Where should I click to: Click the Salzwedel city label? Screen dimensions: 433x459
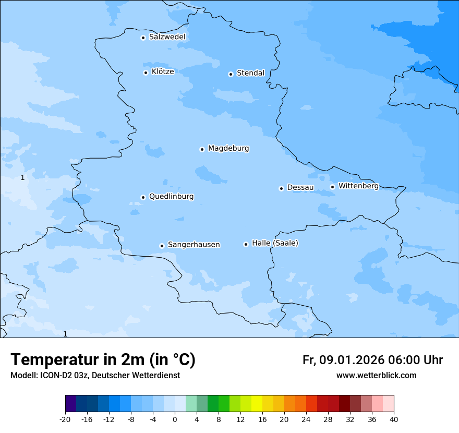pyautogui.click(x=167, y=37)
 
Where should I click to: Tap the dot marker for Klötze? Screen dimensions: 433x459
pyautogui.click(x=146, y=73)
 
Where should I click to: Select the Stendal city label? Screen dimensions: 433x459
pyautogui.click(x=250, y=73)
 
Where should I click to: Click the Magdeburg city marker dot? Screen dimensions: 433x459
pyautogui.click(x=202, y=149)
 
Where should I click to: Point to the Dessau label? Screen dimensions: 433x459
pyautogui.click(x=300, y=187)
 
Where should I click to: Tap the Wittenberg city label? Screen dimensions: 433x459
pyautogui.click(x=358, y=186)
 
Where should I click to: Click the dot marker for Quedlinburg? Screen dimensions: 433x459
pyautogui.click(x=143, y=197)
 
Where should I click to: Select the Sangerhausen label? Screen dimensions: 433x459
pyautogui.click(x=194, y=245)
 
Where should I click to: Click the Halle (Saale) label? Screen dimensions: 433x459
pyautogui.click(x=275, y=243)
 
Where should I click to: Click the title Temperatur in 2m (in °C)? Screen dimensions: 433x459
pyautogui.click(x=103, y=360)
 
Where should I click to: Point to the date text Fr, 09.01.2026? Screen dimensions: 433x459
pyautogui.click(x=343, y=360)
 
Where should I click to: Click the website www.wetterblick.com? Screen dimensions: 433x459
pyautogui.click(x=376, y=376)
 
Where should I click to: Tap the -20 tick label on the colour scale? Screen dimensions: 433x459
pyautogui.click(x=65, y=419)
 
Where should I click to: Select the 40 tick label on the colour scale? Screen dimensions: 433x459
pyautogui.click(x=393, y=419)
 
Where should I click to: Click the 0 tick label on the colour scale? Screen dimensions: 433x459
pyautogui.click(x=175, y=419)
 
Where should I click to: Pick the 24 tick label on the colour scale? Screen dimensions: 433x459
pyautogui.click(x=306, y=419)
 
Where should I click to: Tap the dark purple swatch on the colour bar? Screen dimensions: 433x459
pyautogui.click(x=70, y=404)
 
